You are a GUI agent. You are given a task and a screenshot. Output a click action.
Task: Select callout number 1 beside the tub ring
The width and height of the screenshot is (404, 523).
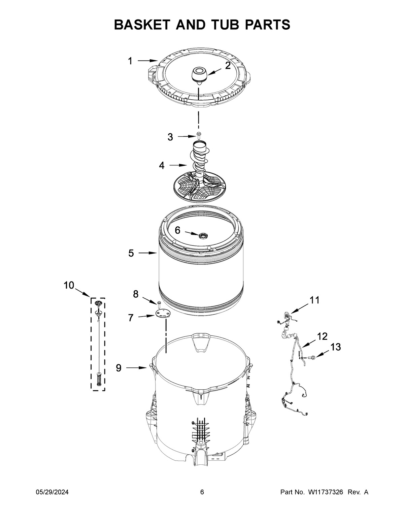130,61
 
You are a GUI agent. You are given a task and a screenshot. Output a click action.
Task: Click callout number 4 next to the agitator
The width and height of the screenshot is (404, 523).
162,166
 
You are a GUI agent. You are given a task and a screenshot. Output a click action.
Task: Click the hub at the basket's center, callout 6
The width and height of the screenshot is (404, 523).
203,235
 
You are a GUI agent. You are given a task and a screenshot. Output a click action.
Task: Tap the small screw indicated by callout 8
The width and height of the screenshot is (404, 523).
158,304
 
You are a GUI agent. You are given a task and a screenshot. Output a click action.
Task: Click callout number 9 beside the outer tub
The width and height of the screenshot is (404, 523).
119,368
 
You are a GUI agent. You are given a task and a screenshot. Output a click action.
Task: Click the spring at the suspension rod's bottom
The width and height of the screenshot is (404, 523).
99,379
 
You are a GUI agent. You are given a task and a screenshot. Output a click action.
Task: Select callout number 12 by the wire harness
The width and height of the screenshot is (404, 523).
322,336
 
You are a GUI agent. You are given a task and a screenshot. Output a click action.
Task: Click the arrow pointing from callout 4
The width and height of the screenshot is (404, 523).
178,165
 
